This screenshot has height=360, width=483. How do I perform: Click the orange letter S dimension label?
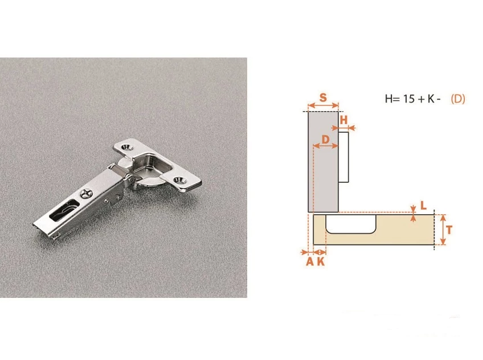click(x=323, y=97)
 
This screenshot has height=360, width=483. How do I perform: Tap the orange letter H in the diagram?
click(x=343, y=120)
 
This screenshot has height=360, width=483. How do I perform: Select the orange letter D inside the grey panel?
click(x=326, y=140)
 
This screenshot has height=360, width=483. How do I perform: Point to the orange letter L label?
click(x=424, y=206)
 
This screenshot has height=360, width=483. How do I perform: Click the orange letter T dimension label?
click(x=449, y=230)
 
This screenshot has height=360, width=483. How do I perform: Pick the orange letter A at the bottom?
click(x=310, y=262)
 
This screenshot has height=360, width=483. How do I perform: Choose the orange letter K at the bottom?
click(x=321, y=262)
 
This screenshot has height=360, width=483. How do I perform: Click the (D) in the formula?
click(x=458, y=99)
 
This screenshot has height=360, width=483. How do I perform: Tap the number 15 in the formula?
click(x=409, y=99)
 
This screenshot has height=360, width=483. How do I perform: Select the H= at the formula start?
click(x=392, y=99)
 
